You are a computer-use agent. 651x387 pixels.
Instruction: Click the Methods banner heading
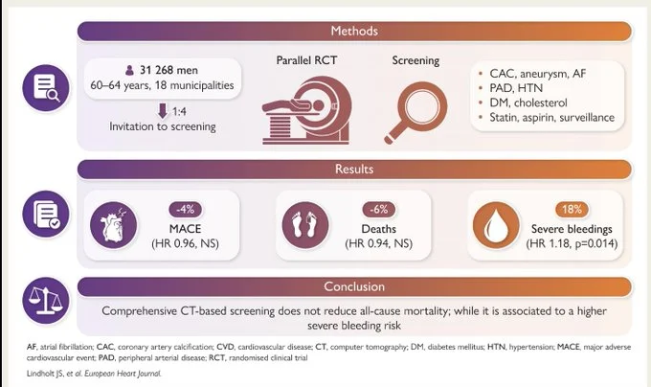pyautogui.click(x=354, y=31)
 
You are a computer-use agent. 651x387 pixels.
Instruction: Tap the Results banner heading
pyautogui.click(x=354, y=169)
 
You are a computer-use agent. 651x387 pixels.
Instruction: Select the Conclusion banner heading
pyautogui.click(x=354, y=286)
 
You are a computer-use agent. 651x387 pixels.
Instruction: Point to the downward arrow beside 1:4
pyautogui.click(x=163, y=111)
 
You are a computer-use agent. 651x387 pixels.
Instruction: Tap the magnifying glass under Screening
pyautogui.click(x=415, y=113)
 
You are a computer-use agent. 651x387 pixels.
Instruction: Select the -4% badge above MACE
pyautogui.click(x=185, y=209)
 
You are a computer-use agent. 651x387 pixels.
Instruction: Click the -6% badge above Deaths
pyautogui.click(x=379, y=209)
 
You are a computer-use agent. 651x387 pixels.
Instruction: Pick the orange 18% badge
pyautogui.click(x=572, y=209)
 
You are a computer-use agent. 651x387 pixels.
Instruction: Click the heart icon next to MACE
pyautogui.click(x=113, y=225)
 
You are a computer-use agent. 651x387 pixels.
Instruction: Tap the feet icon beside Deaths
pyautogui.click(x=305, y=225)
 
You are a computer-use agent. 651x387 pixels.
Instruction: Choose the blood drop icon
pyautogui.click(x=496, y=225)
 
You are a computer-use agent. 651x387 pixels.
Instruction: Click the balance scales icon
pyautogui.click(x=46, y=301)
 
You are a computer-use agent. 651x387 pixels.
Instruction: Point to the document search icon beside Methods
pyautogui.click(x=46, y=88)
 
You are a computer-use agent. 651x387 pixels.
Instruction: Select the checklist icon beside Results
pyautogui.click(x=46, y=214)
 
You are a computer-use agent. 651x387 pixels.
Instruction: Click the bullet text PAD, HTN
pyautogui.click(x=516, y=88)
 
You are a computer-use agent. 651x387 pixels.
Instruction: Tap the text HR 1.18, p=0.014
pyautogui.click(x=572, y=243)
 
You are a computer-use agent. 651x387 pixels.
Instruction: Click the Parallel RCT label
pyautogui.click(x=306, y=60)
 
